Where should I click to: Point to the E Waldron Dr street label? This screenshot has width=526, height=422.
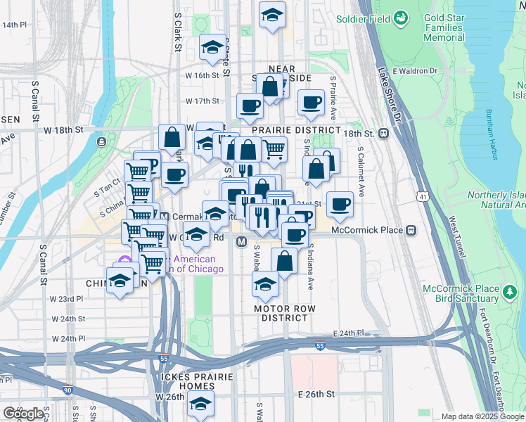click(x=415, y=71)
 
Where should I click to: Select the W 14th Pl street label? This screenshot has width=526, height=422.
click(x=13, y=25)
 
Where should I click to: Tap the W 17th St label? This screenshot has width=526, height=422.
click(x=203, y=101)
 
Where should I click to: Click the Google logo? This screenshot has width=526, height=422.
click(x=23, y=414)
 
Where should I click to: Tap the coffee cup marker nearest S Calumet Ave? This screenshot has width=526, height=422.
click(x=340, y=204)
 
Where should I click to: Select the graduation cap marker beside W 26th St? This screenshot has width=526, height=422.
click(x=200, y=404)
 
